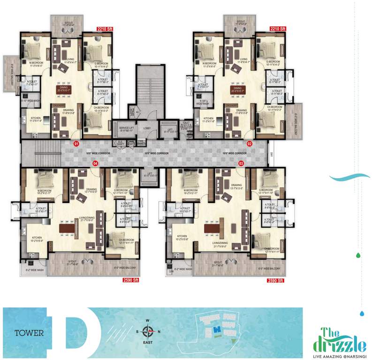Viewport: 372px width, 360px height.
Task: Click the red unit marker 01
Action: (x=76, y=144)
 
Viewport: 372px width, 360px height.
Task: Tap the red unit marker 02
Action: (x=250, y=144)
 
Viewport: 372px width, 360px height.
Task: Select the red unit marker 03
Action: (x=241, y=163)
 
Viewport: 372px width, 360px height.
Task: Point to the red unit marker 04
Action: (x=95, y=163)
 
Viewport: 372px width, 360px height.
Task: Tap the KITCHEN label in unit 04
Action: (x=38, y=238)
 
